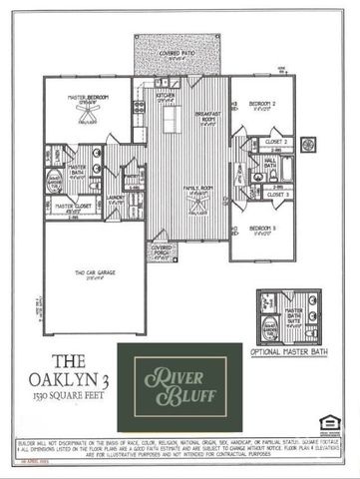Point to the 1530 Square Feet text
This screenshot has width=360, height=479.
pos(65,397)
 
